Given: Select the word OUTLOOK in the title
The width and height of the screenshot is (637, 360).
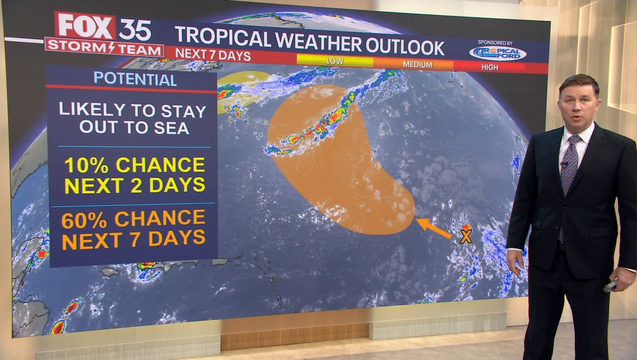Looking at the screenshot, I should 405,47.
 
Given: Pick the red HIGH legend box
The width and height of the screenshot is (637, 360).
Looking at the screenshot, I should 489,67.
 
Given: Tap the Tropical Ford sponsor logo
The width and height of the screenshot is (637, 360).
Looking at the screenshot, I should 497,52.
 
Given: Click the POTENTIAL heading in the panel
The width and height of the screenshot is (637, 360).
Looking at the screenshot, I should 135,79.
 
